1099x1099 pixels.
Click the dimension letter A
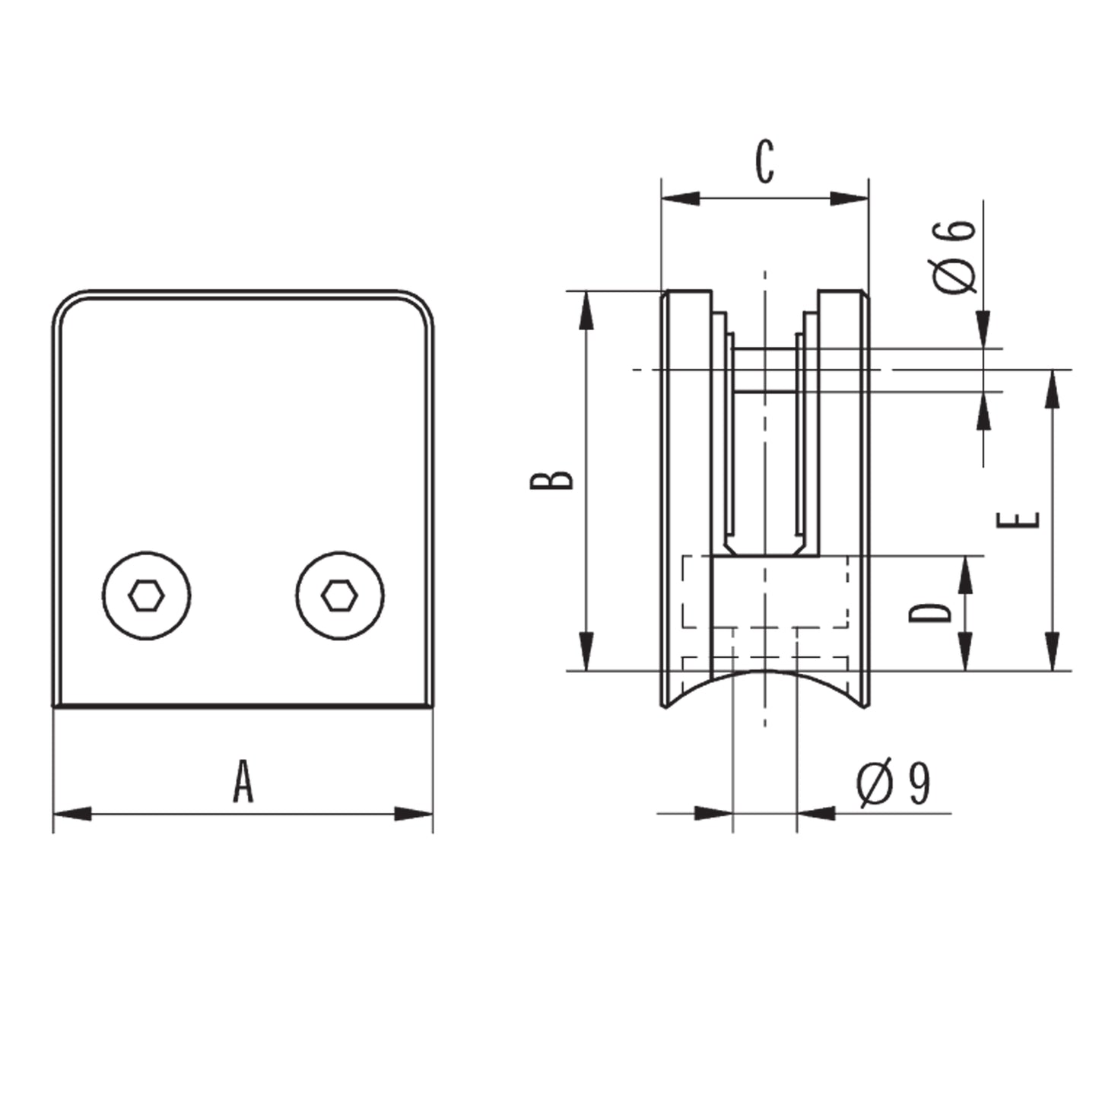point(243,781)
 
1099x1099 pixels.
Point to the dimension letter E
point(1018,520)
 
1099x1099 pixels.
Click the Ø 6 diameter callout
point(954,257)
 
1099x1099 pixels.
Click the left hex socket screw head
point(147,596)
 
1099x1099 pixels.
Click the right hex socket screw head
point(340,596)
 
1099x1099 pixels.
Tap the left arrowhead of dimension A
point(72,814)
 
